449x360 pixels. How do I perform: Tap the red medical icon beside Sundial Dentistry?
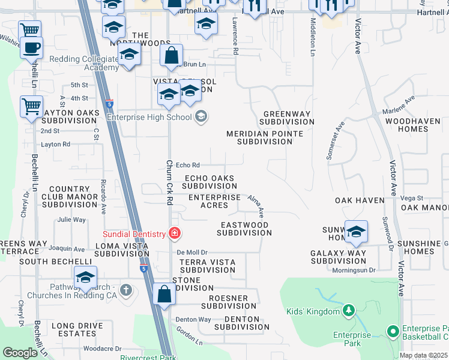click(175, 233)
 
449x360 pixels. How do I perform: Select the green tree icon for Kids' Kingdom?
click(348, 310)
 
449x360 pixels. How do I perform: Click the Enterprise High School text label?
click(149, 116)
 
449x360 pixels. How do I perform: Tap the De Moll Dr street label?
click(191, 253)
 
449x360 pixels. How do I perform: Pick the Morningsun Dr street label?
click(354, 271)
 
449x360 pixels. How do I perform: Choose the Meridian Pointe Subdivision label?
click(264, 137)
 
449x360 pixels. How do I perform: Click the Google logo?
click(20, 353)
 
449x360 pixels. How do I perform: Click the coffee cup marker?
click(31, 47)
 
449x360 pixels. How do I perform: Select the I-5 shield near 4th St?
click(109, 103)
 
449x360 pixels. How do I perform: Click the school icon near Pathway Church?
click(85, 278)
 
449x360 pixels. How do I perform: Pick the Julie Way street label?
click(71, 220)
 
